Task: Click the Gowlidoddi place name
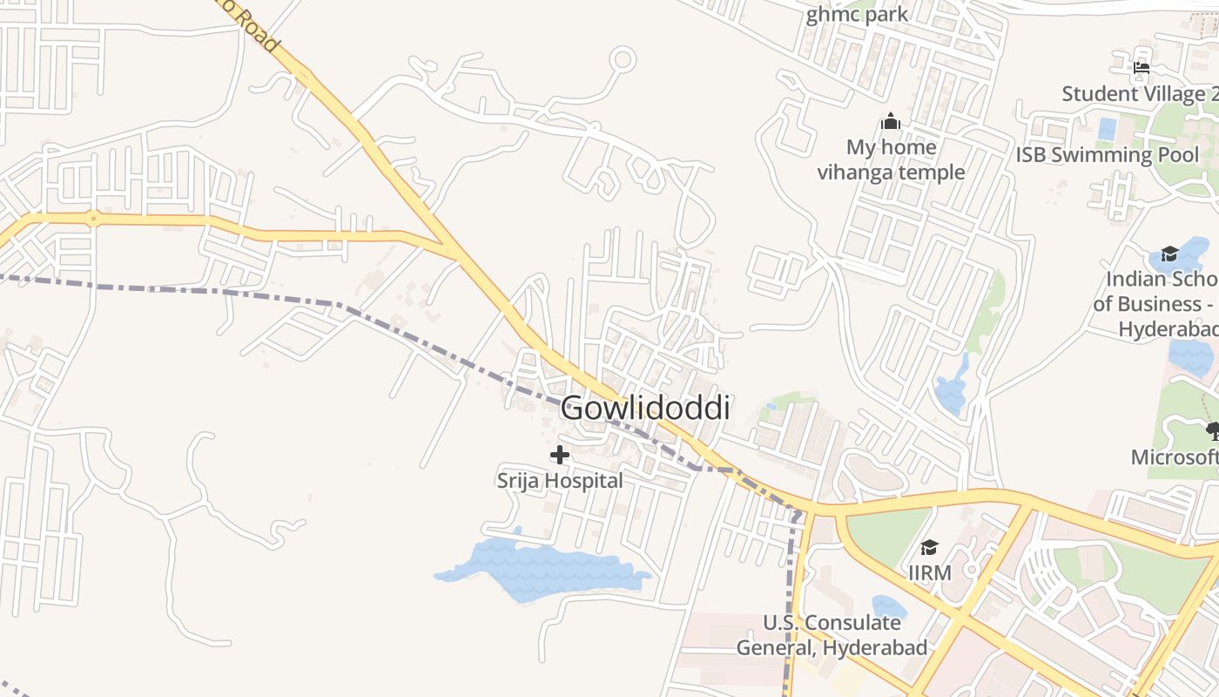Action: point(644,408)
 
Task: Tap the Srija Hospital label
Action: point(560,481)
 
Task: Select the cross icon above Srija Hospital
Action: point(560,455)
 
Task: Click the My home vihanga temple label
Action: point(891,159)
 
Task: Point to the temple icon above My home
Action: point(890,121)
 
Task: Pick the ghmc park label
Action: point(857,15)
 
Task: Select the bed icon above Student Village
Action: point(1142,67)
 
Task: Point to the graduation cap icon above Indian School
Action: point(1169,254)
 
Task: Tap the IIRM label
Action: point(929,573)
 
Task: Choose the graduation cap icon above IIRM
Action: point(929,547)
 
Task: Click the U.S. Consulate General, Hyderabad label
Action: point(832,635)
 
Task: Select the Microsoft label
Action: point(1175,457)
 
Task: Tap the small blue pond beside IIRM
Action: point(888,606)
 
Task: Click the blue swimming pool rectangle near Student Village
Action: point(1108,130)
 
